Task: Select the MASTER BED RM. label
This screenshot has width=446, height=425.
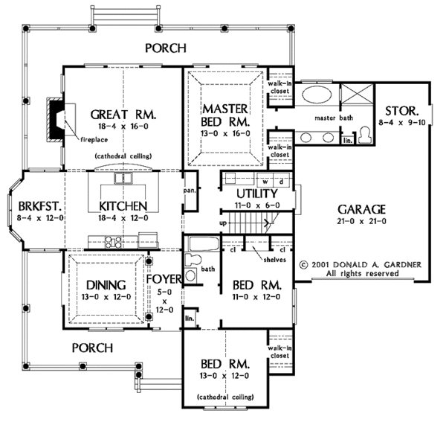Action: (227, 115)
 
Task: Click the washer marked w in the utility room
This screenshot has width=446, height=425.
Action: (262, 181)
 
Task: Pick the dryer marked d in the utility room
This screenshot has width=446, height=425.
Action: (280, 181)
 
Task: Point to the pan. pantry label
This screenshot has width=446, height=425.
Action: (190, 191)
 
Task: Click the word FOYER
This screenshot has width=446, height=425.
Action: (165, 281)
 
